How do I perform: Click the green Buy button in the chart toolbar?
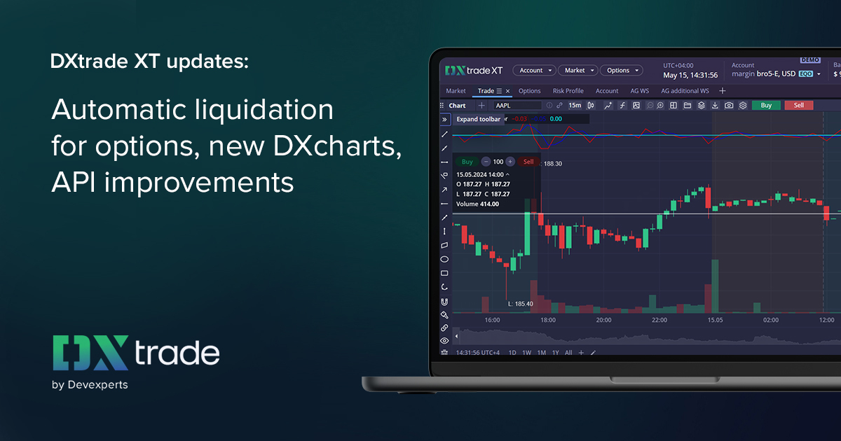(766, 106)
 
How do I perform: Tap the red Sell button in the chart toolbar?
(799, 106)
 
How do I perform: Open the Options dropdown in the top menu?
(621, 71)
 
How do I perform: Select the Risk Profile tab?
(568, 91)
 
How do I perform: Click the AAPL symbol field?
(517, 106)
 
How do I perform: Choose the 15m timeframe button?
(575, 106)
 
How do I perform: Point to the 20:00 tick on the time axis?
(603, 320)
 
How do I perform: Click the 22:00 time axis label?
(659, 320)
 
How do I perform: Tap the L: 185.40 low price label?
(521, 304)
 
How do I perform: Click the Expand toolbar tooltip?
(479, 119)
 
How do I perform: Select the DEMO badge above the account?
(809, 60)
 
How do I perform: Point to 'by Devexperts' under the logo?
(90, 384)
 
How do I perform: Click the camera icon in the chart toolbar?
(729, 106)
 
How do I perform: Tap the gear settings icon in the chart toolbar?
(743, 106)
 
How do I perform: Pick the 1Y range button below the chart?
(556, 353)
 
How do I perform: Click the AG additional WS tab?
(685, 91)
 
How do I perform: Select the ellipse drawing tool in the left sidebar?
(444, 259)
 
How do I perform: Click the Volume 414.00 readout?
(477, 204)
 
